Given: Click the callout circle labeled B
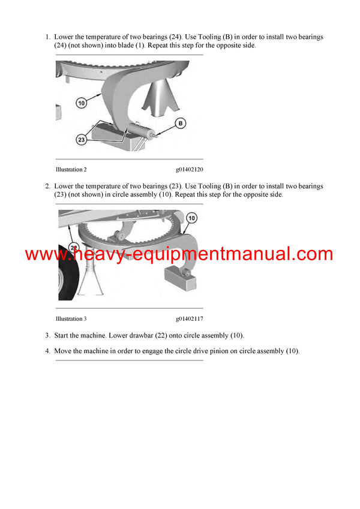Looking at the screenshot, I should pyautogui.click(x=180, y=124).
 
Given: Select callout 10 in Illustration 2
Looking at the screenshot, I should pyautogui.click(x=82, y=103).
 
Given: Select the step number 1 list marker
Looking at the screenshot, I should pyautogui.click(x=47, y=37).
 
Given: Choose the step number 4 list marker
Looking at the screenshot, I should pyautogui.click(x=47, y=351).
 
